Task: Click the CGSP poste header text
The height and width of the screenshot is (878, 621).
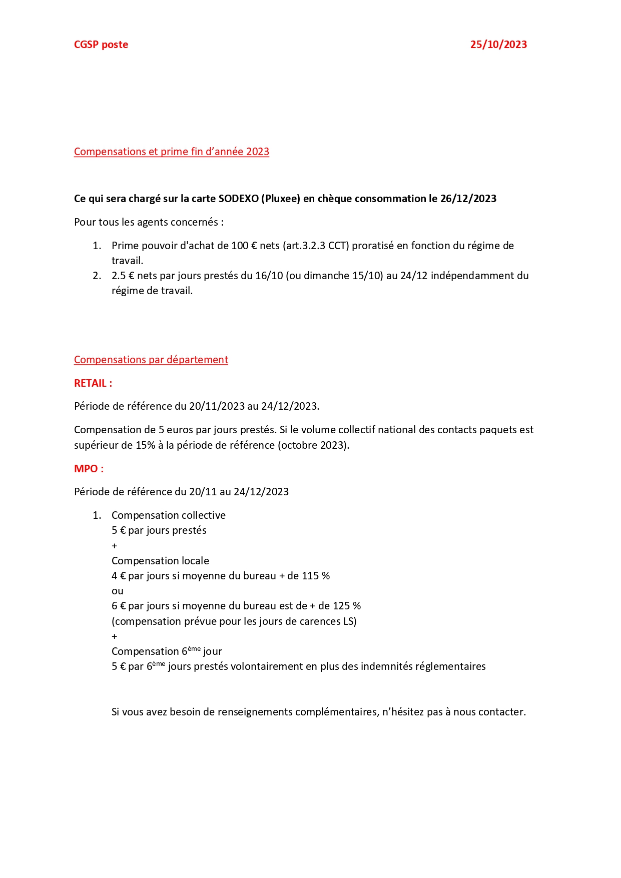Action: coord(101,45)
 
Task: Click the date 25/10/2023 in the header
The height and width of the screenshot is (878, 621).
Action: coord(498,45)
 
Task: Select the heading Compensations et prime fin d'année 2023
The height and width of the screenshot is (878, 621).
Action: coord(171,152)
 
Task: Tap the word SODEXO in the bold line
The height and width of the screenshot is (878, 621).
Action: coord(238,199)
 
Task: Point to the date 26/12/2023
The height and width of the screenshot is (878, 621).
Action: coord(468,199)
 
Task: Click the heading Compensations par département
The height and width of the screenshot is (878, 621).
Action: coord(151,360)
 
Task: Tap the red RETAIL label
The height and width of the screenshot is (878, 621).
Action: coord(93,383)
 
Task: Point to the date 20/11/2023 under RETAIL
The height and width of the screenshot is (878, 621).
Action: coord(216,406)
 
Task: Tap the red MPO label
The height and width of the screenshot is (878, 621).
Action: coord(89,469)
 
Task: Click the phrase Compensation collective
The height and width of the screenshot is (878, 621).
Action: coord(168,515)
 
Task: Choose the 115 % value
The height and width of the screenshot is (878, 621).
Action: coord(315,576)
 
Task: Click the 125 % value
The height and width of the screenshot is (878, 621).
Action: coord(346,606)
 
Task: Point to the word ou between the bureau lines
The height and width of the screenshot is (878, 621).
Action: coord(117,591)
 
